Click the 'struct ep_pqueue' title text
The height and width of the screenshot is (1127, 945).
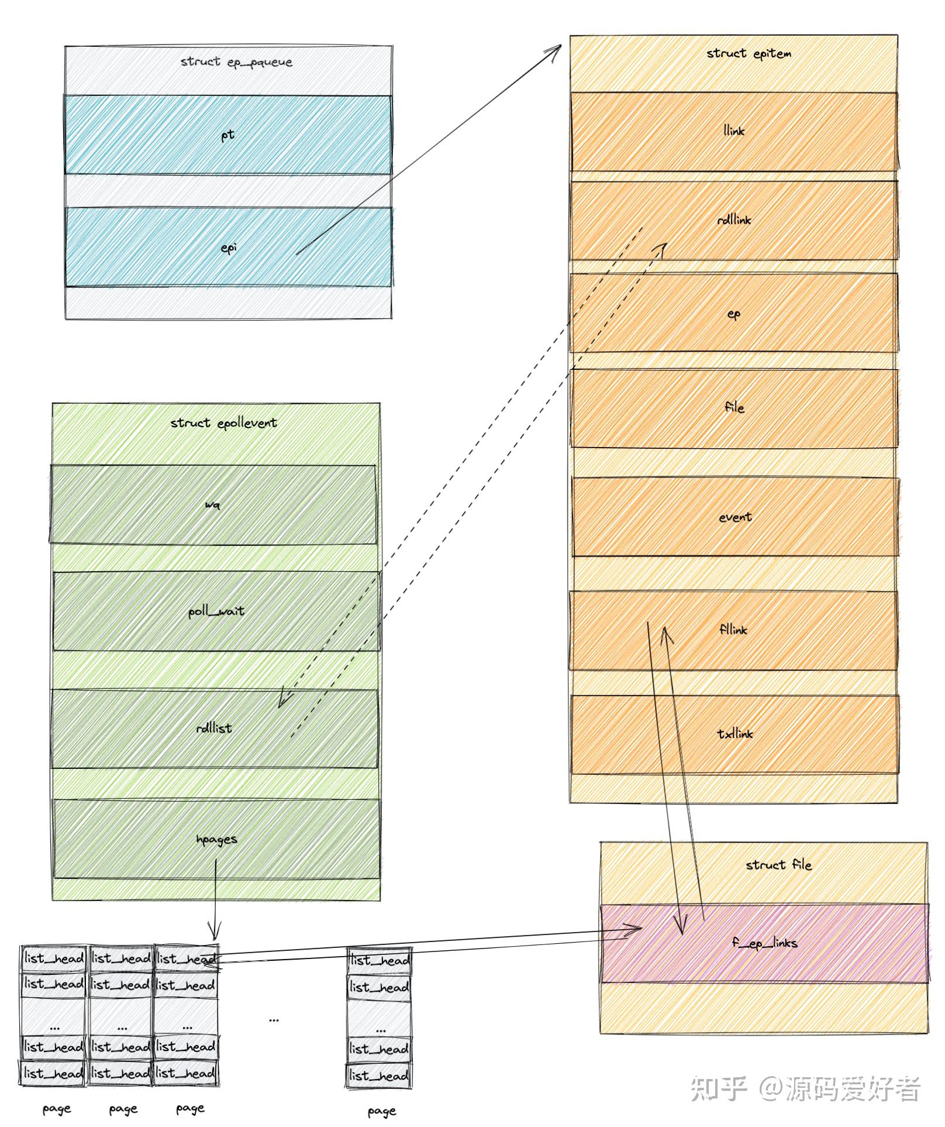(236, 62)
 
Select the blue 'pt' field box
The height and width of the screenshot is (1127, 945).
(228, 135)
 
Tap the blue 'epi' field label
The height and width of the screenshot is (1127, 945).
(229, 248)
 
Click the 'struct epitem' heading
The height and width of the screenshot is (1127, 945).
(749, 54)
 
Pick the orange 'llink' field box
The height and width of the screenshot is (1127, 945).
(734, 131)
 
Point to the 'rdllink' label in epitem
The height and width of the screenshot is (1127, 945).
(734, 220)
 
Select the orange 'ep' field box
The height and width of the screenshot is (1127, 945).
(734, 314)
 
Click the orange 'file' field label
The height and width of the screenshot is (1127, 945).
(734, 407)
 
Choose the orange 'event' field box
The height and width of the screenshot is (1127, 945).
(735, 517)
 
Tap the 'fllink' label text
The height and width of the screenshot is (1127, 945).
(733, 630)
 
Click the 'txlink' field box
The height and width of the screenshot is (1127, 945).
(735, 734)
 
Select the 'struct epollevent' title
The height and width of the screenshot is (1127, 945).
(223, 423)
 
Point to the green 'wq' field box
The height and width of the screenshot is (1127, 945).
(213, 504)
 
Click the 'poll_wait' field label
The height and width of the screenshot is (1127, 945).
(216, 611)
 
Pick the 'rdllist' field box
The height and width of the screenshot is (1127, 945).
(214, 729)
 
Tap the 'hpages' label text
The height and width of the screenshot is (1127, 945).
(216, 840)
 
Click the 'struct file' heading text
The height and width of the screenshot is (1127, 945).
(778, 865)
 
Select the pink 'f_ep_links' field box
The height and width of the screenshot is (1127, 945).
(765, 943)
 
